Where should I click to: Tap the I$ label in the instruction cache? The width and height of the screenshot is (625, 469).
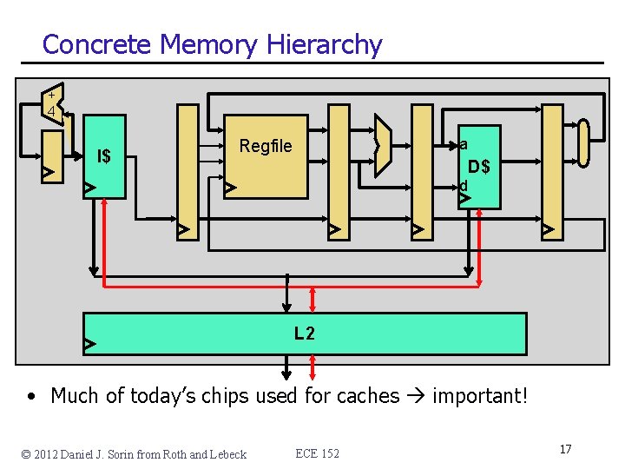point(104,156)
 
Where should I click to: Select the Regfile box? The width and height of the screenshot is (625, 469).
point(266,156)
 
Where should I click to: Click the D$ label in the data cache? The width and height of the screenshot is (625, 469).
point(479,166)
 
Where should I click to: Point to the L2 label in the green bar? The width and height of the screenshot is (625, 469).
point(304,333)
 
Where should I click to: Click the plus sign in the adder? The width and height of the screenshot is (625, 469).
point(52,94)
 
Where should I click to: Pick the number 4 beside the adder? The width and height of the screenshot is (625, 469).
point(52,111)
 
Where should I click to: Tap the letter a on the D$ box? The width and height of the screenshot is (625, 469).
point(464,144)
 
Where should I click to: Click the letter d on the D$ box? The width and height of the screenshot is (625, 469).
point(464,185)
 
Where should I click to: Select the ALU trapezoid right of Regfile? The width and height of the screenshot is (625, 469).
point(383,146)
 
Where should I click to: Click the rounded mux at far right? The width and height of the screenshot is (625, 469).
point(583,142)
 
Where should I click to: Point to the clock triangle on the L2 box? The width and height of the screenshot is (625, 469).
point(89,345)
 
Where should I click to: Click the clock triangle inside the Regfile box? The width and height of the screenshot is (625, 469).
point(230,188)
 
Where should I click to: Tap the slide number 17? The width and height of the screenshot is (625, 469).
point(565,449)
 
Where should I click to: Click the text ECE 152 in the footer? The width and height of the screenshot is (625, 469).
point(317,453)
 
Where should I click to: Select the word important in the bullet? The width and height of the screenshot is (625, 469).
point(480,396)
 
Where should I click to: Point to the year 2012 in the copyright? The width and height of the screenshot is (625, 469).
point(50,454)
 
